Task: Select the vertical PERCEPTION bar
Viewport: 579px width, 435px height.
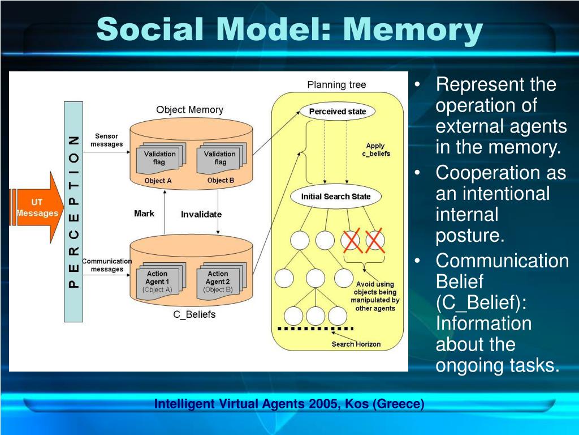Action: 74,211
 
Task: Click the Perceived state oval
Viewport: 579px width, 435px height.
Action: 338,112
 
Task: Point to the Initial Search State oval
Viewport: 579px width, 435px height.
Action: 336,197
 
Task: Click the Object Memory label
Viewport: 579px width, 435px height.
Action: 189,110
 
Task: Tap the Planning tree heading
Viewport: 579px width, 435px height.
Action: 336,85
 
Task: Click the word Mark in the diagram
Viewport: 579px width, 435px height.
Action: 144,214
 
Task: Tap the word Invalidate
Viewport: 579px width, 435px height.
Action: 201,214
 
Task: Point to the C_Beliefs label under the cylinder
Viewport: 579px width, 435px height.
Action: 194,314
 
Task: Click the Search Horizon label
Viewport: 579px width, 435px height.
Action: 356,344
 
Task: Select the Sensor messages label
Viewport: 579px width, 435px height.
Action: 106,140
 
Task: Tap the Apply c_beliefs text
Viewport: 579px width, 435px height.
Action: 376,150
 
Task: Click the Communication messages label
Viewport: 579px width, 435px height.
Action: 106,265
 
